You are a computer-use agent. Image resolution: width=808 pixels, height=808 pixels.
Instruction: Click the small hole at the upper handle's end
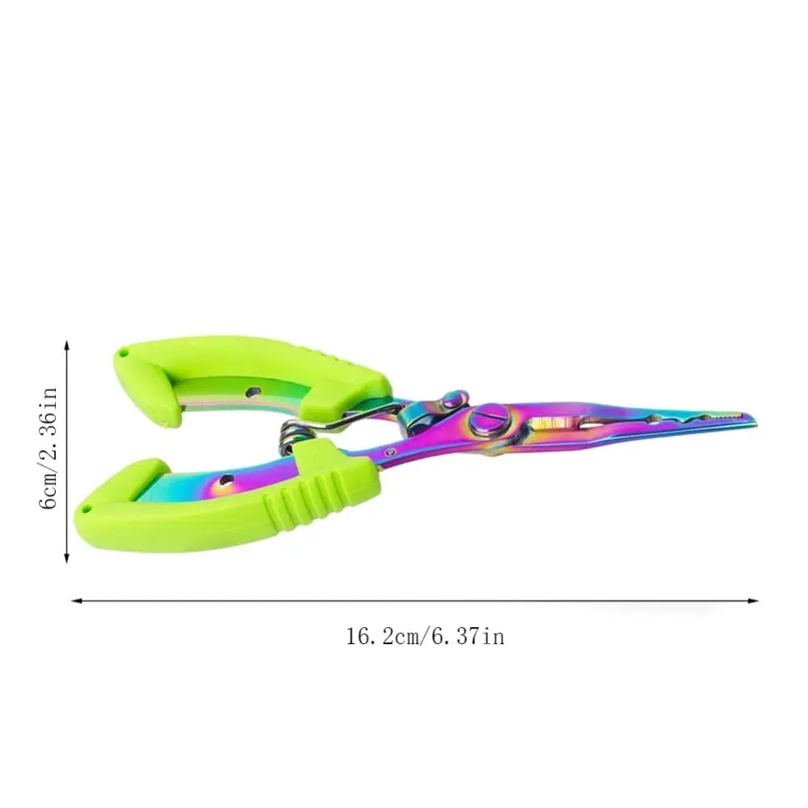coord(123,354)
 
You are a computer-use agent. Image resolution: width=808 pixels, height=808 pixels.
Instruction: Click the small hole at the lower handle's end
coord(86,510)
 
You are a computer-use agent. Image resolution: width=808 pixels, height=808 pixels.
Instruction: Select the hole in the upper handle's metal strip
coord(252,393)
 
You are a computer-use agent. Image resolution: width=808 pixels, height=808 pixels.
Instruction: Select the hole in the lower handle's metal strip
coord(225,481)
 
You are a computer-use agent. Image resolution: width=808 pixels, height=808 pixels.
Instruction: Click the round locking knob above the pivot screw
coord(453,399)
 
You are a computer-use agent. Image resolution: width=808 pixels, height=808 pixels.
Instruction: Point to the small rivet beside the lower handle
coord(392,452)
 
